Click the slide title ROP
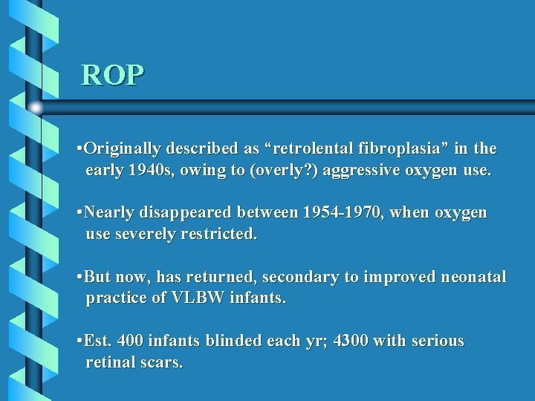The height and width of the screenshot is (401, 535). (x=113, y=75)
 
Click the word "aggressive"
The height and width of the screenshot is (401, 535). (x=360, y=170)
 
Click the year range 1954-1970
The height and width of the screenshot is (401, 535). (x=341, y=213)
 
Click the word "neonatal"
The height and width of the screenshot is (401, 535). (x=473, y=278)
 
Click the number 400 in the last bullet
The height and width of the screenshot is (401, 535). (x=130, y=342)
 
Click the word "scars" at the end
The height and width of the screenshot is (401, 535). (x=161, y=363)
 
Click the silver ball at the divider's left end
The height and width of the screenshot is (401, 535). (x=36, y=108)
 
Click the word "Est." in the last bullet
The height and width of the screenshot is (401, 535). (x=97, y=342)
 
